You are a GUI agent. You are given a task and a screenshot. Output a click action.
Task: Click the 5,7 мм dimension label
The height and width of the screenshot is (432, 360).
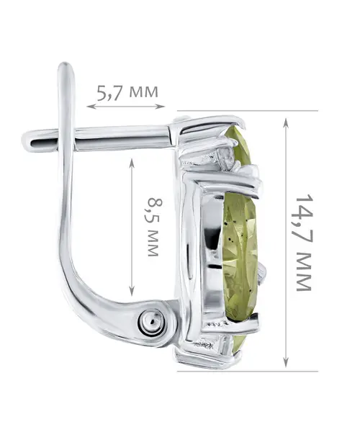coord(127,91)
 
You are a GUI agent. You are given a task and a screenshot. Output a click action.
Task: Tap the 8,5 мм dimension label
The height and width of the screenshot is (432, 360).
coord(154,227)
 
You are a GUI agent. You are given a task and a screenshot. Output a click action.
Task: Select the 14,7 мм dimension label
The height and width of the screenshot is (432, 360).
coord(304,243)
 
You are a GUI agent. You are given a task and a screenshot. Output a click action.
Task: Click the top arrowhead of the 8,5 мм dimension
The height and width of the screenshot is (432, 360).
coord(132,163)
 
